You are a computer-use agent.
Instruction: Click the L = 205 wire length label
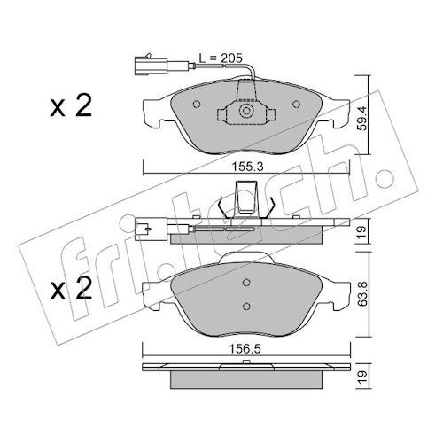click(x=221, y=58)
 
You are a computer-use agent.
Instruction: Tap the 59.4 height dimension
click(x=362, y=118)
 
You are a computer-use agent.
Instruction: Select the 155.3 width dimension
click(x=247, y=167)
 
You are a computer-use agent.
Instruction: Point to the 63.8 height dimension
click(x=363, y=293)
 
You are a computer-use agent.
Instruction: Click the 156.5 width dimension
click(x=245, y=349)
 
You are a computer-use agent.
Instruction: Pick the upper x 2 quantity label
click(x=71, y=106)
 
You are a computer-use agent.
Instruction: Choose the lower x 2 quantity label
click(x=71, y=289)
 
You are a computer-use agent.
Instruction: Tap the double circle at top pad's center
click(x=245, y=112)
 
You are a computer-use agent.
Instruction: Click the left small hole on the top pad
click(x=197, y=104)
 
